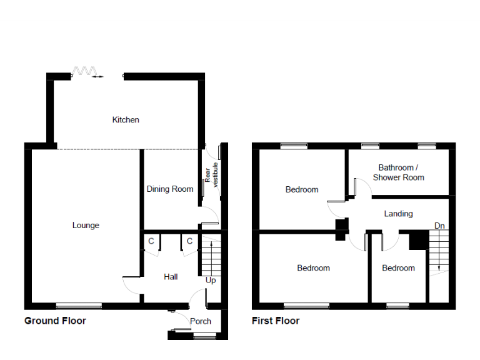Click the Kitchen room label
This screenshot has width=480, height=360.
(126, 119)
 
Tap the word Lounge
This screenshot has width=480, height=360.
(86, 225)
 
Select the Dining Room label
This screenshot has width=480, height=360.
(170, 189)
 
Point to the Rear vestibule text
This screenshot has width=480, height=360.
(211, 174)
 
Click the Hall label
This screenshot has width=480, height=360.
(171, 276)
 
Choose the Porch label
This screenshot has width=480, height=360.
(201, 321)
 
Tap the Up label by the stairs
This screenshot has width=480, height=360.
(211, 281)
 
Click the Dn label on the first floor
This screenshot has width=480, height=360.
(439, 225)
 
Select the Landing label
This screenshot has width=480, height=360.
(398, 214)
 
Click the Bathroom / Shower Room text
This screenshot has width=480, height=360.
(398, 172)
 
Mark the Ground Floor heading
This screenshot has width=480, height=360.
(55, 321)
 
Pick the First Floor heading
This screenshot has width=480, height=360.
(276, 321)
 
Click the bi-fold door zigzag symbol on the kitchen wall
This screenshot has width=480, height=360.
(82, 71)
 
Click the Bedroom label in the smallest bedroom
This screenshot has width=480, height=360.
(398, 268)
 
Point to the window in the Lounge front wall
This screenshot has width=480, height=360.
(79, 306)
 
